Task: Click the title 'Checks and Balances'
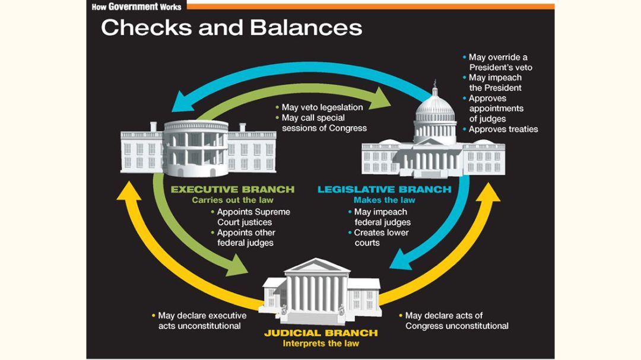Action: tap(231, 27)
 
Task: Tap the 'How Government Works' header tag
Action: tap(137, 6)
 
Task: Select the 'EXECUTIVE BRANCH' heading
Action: tap(232, 190)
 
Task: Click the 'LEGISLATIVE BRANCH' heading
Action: tap(384, 190)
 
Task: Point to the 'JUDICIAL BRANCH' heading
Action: tap(320, 333)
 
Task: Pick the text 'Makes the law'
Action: tap(384, 200)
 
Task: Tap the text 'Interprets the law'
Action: tap(320, 343)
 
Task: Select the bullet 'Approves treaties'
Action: tap(502, 129)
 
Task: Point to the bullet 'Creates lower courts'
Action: tap(380, 237)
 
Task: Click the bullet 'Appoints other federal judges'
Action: tap(245, 237)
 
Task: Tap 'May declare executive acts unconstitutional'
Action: tap(201, 320)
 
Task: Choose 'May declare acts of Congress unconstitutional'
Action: tap(456, 320)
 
